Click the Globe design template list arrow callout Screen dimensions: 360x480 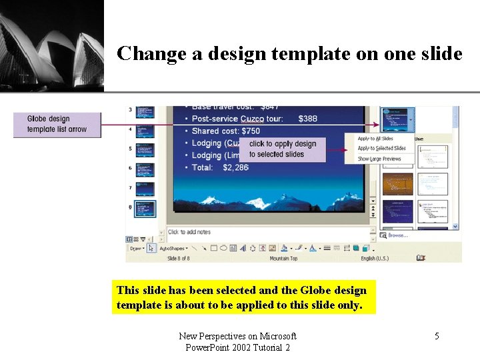[x=57, y=124]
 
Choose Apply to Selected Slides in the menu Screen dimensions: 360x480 [x=381, y=148]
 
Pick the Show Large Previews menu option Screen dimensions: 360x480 [x=379, y=159]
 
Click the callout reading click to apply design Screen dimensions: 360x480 [x=283, y=149]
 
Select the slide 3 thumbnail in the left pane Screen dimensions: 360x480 [x=145, y=112]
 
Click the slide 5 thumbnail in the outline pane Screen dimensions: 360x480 [x=145, y=151]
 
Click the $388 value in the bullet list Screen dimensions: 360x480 [x=308, y=119]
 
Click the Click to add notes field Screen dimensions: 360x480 [x=189, y=232]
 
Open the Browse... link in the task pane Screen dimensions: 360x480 [x=397, y=235]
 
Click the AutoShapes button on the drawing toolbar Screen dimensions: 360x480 [x=173, y=248]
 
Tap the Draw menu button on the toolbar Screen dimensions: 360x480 [x=136, y=248]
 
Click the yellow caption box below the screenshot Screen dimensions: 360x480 [x=243, y=298]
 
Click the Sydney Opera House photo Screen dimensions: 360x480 [x=52, y=45]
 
